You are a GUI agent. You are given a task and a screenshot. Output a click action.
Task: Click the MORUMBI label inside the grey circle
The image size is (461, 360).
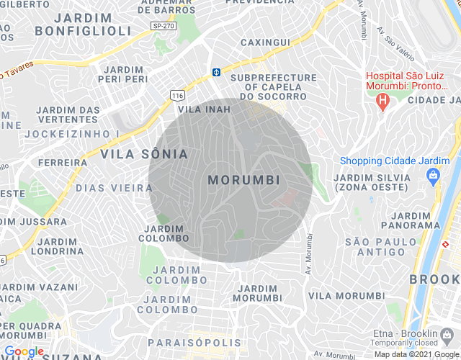click(x=243, y=179)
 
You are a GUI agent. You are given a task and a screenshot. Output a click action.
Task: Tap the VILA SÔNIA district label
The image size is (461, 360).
click(x=144, y=154)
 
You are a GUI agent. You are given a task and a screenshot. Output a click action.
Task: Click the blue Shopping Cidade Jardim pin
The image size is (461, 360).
click(x=433, y=175)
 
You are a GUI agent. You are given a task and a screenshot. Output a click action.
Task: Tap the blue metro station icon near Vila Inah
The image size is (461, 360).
click(x=215, y=72)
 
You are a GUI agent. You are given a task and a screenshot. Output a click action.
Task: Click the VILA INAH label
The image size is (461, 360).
click(x=204, y=109)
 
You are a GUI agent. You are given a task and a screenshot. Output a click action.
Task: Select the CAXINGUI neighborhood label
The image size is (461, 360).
click(x=264, y=42)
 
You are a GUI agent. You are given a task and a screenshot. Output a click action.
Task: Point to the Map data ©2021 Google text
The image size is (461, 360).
click(x=416, y=354)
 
